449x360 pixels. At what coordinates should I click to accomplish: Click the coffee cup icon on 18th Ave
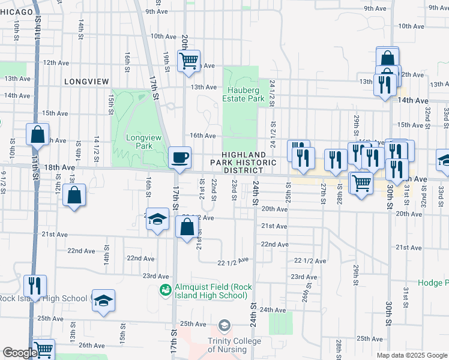[180, 158]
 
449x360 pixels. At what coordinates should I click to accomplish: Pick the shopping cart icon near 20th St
[189, 61]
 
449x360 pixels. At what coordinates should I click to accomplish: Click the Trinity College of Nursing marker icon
[224, 325]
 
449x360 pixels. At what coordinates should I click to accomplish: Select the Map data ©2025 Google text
[412, 355]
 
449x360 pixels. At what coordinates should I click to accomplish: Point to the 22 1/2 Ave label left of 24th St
[233, 262]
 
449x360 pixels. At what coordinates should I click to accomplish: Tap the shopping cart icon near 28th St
[361, 182]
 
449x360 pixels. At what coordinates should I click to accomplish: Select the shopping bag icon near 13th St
[74, 195]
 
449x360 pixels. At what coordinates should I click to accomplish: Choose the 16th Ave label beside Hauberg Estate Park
[202, 136]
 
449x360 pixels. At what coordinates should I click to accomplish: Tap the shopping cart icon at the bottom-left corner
[43, 350]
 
